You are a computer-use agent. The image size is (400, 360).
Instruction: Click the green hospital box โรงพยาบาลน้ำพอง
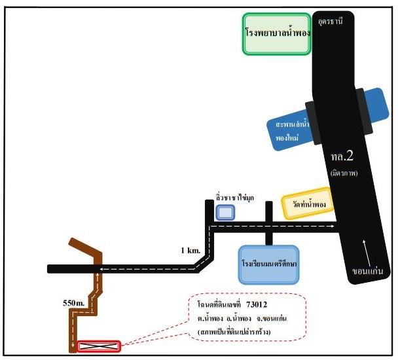(x=276, y=34)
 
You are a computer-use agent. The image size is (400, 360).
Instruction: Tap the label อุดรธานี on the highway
(x=331, y=22)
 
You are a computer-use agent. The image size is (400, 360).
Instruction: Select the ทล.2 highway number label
(x=342, y=156)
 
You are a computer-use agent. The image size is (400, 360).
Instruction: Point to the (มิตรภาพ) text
(x=344, y=173)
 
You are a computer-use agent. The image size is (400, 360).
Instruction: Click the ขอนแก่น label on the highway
(x=368, y=271)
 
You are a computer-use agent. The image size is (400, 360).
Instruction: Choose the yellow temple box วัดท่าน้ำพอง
(x=308, y=204)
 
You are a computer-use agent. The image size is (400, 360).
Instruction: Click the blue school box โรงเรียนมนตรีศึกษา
(x=268, y=264)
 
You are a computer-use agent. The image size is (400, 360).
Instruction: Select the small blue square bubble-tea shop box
(x=225, y=213)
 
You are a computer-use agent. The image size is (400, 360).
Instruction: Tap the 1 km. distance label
(x=191, y=251)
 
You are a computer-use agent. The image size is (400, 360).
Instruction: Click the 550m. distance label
(x=73, y=303)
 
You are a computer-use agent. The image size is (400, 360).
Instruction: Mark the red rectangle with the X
(x=99, y=346)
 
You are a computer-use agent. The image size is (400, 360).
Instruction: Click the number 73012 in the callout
(x=257, y=304)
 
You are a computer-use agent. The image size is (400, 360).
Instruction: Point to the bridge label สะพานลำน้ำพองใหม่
(x=292, y=131)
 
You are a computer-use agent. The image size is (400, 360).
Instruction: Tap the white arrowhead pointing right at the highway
(x=332, y=226)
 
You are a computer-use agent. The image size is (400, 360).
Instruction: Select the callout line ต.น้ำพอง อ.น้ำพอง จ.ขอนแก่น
(x=242, y=319)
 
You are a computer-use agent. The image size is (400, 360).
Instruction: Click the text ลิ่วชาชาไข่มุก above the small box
(x=234, y=198)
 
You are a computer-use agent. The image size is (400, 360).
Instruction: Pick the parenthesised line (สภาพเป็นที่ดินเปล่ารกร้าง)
(x=234, y=333)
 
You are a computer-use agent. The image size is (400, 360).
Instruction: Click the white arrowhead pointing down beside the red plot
(x=73, y=344)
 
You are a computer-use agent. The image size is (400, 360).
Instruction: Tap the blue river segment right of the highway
(x=376, y=105)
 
